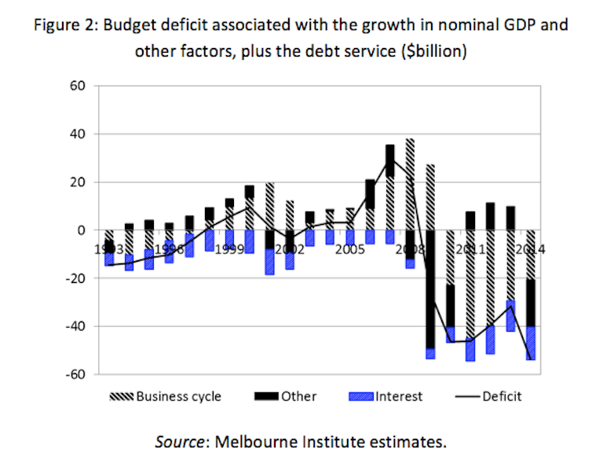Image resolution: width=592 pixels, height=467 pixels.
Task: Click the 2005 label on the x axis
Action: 349,249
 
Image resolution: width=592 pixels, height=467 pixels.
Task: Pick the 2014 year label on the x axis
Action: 531,249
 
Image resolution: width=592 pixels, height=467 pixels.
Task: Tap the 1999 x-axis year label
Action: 228,249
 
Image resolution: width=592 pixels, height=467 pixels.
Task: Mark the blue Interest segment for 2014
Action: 531,343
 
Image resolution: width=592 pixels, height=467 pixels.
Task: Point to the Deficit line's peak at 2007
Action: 390,160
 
